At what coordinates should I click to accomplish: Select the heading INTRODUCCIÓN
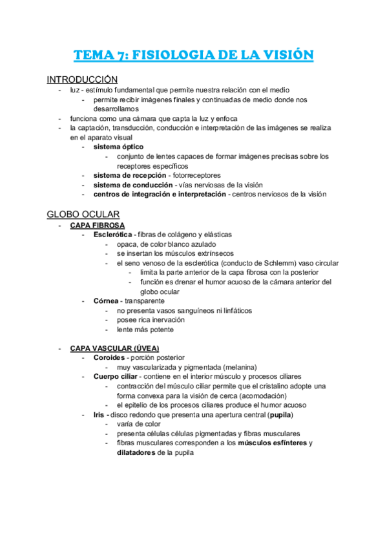coord(79,79)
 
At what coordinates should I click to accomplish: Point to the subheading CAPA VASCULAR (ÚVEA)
coord(114,348)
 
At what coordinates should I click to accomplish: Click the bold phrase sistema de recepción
coord(129,175)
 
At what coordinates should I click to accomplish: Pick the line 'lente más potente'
coord(145,330)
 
